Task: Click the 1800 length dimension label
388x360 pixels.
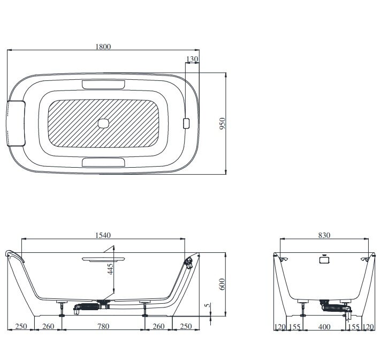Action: click(103, 47)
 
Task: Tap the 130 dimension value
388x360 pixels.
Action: click(192, 59)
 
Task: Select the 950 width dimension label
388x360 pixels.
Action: click(222, 123)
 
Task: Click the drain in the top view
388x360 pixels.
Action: click(103, 123)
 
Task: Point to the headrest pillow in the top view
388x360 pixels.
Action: click(16, 123)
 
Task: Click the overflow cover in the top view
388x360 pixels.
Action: click(186, 123)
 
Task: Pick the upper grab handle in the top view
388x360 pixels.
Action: click(103, 84)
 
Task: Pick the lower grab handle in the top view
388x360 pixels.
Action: click(103, 162)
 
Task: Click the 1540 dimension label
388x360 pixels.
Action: click(103, 235)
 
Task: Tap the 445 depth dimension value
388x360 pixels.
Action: click(110, 269)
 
